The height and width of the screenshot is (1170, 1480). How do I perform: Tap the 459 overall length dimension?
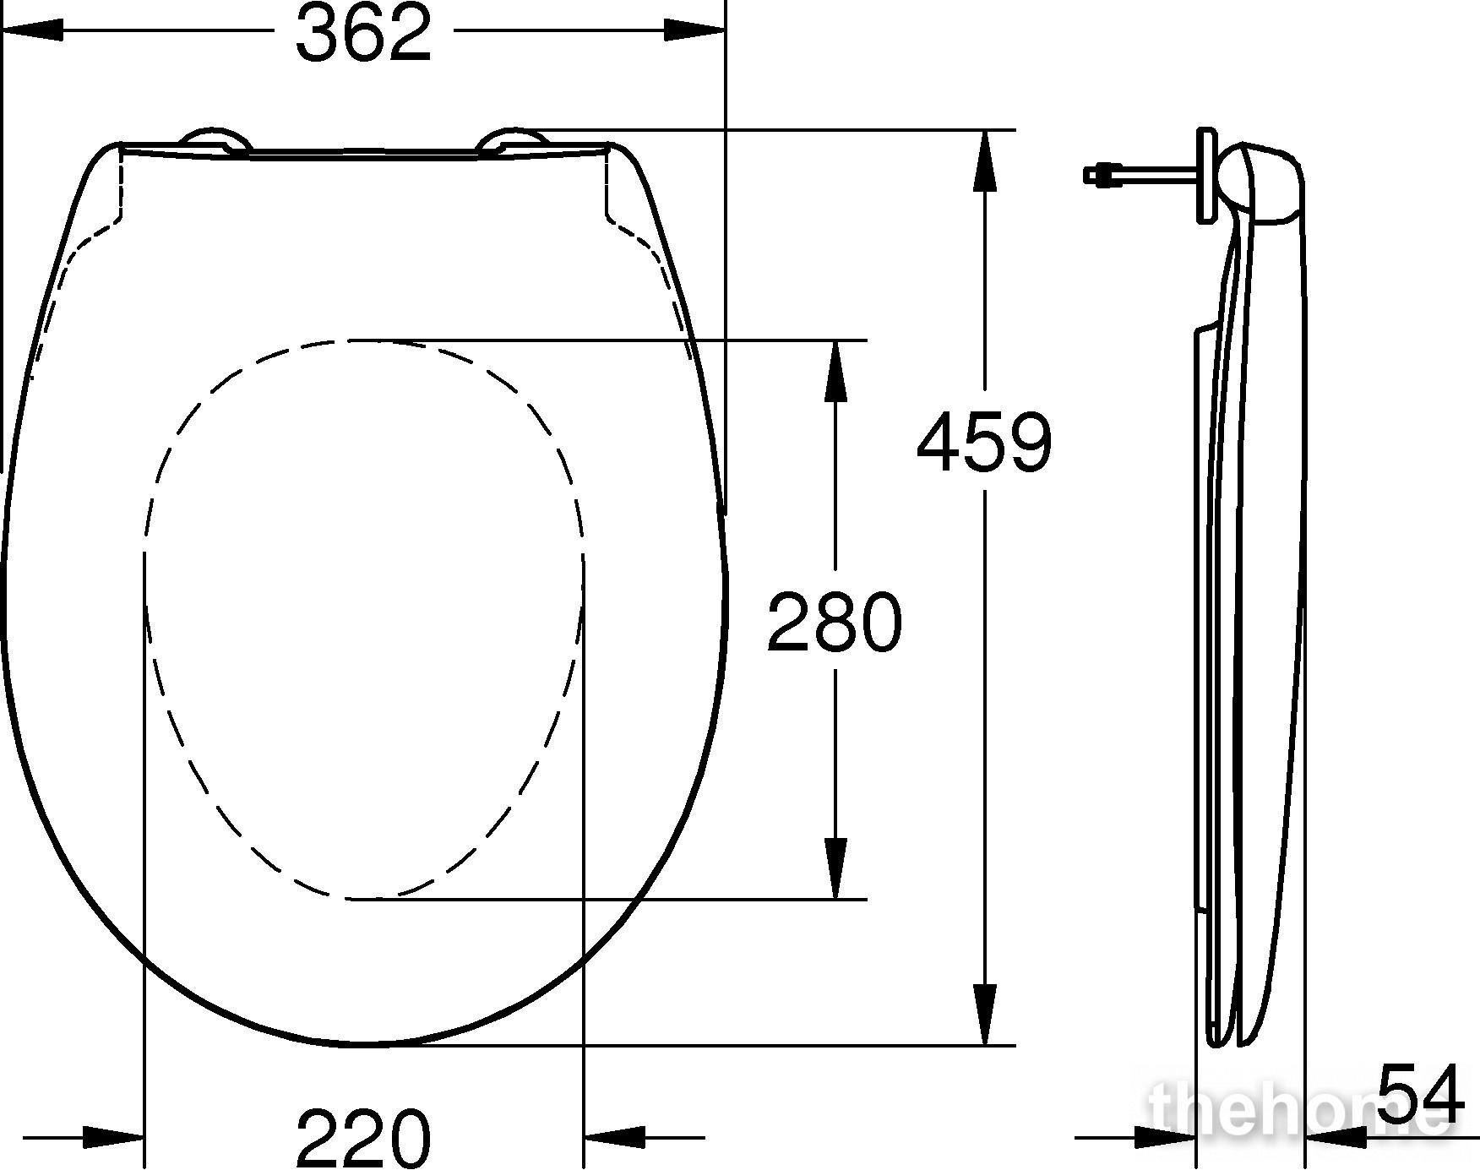pyautogui.click(x=985, y=441)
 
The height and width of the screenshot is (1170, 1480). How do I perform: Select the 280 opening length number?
pyautogui.click(x=835, y=621)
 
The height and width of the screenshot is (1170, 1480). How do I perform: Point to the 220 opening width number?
pyautogui.click(x=364, y=1137)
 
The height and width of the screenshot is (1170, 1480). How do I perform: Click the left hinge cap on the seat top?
pyautogui.click(x=215, y=142)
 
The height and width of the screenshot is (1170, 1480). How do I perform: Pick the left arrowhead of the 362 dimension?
pyautogui.click(x=34, y=30)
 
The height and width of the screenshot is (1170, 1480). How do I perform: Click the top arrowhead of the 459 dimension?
pyautogui.click(x=985, y=161)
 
